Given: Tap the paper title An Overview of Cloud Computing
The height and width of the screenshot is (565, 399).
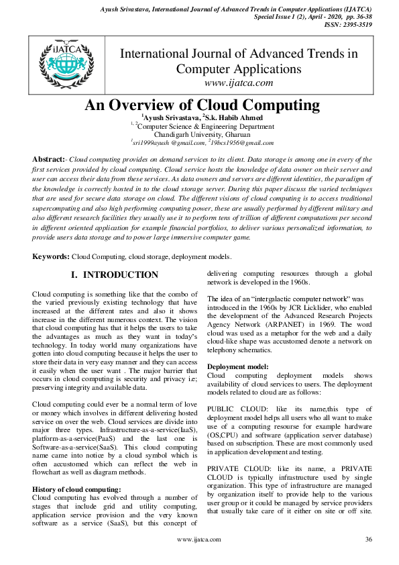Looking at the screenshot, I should coord(202,105).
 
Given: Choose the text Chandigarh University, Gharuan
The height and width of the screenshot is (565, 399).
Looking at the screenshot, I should coord(201,134).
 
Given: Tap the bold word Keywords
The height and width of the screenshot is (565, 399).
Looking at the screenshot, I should coord(51,257).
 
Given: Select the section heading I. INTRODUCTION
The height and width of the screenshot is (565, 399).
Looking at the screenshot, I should coord(115,275).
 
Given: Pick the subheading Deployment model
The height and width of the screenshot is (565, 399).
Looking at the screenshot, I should coord(238,366).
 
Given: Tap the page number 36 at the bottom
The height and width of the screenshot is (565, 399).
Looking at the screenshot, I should coord(368,539).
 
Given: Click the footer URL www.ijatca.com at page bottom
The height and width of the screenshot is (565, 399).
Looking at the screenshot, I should coord(198,539).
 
